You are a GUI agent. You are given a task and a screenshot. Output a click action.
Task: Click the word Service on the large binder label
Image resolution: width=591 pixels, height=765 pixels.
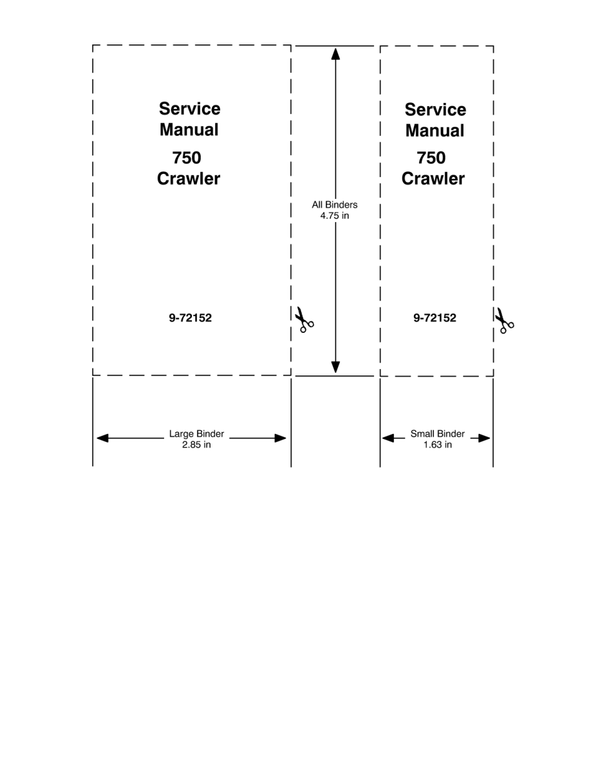click(189, 109)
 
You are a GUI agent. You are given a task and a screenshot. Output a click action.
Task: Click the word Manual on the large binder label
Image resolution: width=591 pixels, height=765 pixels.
click(189, 129)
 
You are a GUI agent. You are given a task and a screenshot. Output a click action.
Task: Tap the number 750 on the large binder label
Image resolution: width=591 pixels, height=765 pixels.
click(187, 158)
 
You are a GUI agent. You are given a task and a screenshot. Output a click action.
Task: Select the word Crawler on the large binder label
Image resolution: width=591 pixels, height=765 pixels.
click(189, 178)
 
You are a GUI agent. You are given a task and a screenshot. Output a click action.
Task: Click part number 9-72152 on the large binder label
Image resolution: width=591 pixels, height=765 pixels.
click(190, 317)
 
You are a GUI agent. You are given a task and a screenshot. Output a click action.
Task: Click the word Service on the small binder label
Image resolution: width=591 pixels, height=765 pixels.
click(435, 109)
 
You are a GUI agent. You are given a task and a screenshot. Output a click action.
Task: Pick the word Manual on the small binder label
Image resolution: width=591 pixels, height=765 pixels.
click(435, 130)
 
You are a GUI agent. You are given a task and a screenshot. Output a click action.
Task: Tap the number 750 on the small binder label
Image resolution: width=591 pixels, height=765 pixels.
click(431, 158)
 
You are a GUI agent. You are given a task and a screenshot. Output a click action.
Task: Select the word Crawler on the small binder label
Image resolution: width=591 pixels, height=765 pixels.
click(433, 178)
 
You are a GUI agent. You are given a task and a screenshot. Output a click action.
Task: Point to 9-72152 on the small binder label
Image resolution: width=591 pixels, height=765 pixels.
click(435, 317)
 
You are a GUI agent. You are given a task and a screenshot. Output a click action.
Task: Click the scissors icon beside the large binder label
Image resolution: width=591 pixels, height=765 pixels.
click(304, 320)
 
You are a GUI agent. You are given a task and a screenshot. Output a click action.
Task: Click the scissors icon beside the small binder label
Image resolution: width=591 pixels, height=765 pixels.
click(504, 320)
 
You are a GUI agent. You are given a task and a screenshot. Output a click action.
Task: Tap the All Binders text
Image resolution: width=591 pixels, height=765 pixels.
click(335, 205)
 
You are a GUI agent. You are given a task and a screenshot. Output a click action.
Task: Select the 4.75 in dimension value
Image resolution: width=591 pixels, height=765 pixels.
click(335, 216)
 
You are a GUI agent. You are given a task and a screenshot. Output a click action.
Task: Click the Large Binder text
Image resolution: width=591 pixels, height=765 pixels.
click(196, 434)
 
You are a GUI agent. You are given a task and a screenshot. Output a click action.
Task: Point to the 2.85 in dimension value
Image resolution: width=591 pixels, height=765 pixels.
click(196, 444)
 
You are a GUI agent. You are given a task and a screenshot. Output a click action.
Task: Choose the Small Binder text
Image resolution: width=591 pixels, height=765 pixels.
click(437, 434)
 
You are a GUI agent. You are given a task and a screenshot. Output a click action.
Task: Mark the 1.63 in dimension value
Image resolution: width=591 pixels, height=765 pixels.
click(437, 444)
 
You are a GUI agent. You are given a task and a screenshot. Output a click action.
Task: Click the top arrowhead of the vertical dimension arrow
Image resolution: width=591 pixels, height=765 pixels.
click(335, 53)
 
